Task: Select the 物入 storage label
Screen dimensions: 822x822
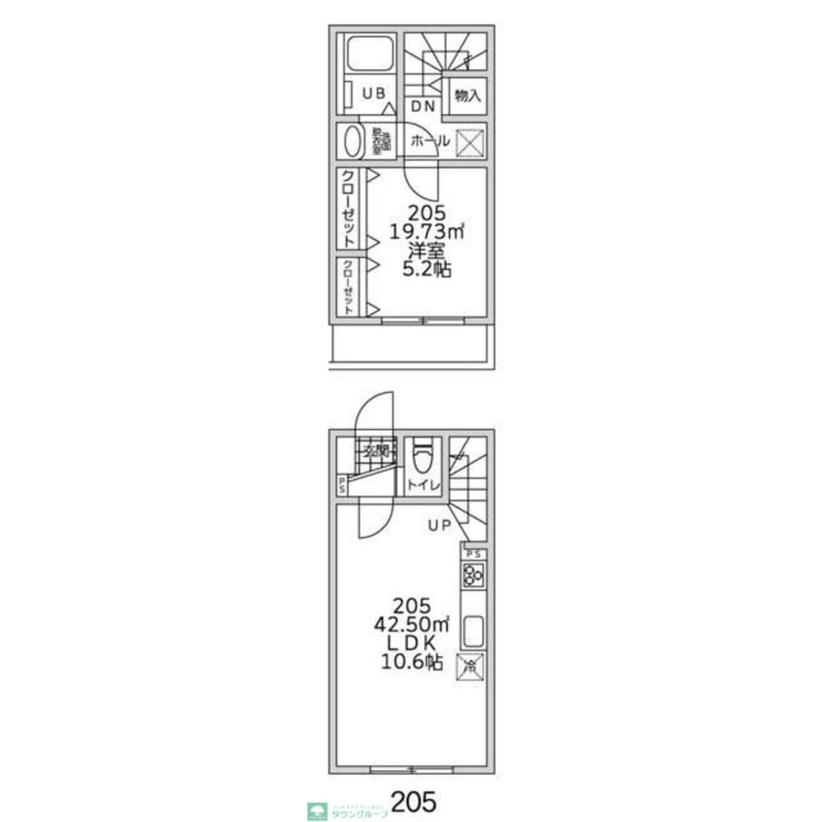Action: (x=468, y=96)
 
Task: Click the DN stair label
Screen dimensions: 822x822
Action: (x=424, y=106)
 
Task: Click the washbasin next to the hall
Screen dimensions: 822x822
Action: (x=353, y=141)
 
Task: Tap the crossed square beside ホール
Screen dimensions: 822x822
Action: (x=469, y=142)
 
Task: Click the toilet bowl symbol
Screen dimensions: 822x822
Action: (x=423, y=454)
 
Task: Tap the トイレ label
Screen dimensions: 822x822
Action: (x=424, y=485)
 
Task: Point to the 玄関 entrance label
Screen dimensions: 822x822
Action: (x=376, y=450)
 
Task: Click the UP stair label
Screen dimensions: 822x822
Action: (x=438, y=525)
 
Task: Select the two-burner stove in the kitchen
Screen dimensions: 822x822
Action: (x=473, y=575)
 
